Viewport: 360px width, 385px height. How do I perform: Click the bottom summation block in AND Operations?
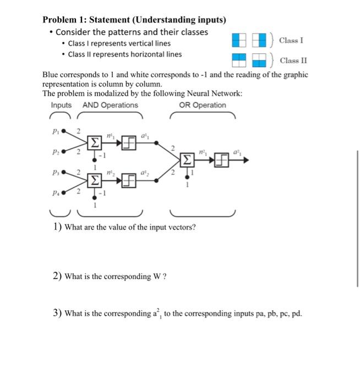(x=95, y=180)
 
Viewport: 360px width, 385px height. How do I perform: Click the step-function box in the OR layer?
(x=221, y=161)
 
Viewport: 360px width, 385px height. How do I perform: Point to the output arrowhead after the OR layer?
(x=246, y=161)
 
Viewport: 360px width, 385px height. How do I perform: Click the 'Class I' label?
(x=291, y=40)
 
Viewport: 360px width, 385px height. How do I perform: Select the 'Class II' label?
(x=293, y=61)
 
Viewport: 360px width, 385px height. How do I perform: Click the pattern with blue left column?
(x=238, y=40)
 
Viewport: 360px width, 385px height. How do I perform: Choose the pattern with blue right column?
(x=259, y=40)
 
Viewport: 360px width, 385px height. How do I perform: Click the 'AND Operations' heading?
(x=110, y=105)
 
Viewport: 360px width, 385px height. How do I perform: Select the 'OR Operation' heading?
(x=202, y=105)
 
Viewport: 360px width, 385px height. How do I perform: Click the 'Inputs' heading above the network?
(x=61, y=105)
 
